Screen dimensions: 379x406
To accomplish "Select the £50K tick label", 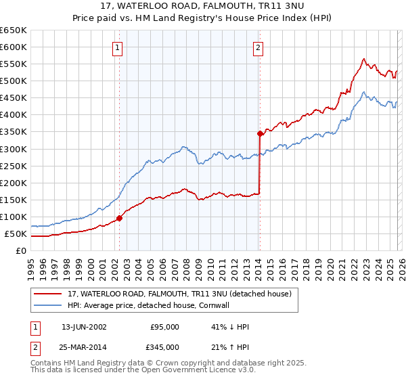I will tap(16, 234).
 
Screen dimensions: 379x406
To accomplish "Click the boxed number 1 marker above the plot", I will tap(118, 47).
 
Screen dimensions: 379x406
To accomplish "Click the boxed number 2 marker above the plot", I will tap(258, 47).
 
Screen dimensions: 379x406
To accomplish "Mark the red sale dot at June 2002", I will tap(120, 218).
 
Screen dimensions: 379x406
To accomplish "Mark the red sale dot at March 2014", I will tap(260, 133).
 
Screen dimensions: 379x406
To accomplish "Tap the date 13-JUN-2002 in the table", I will tap(84, 327).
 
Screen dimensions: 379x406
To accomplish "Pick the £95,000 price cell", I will tap(164, 327).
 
